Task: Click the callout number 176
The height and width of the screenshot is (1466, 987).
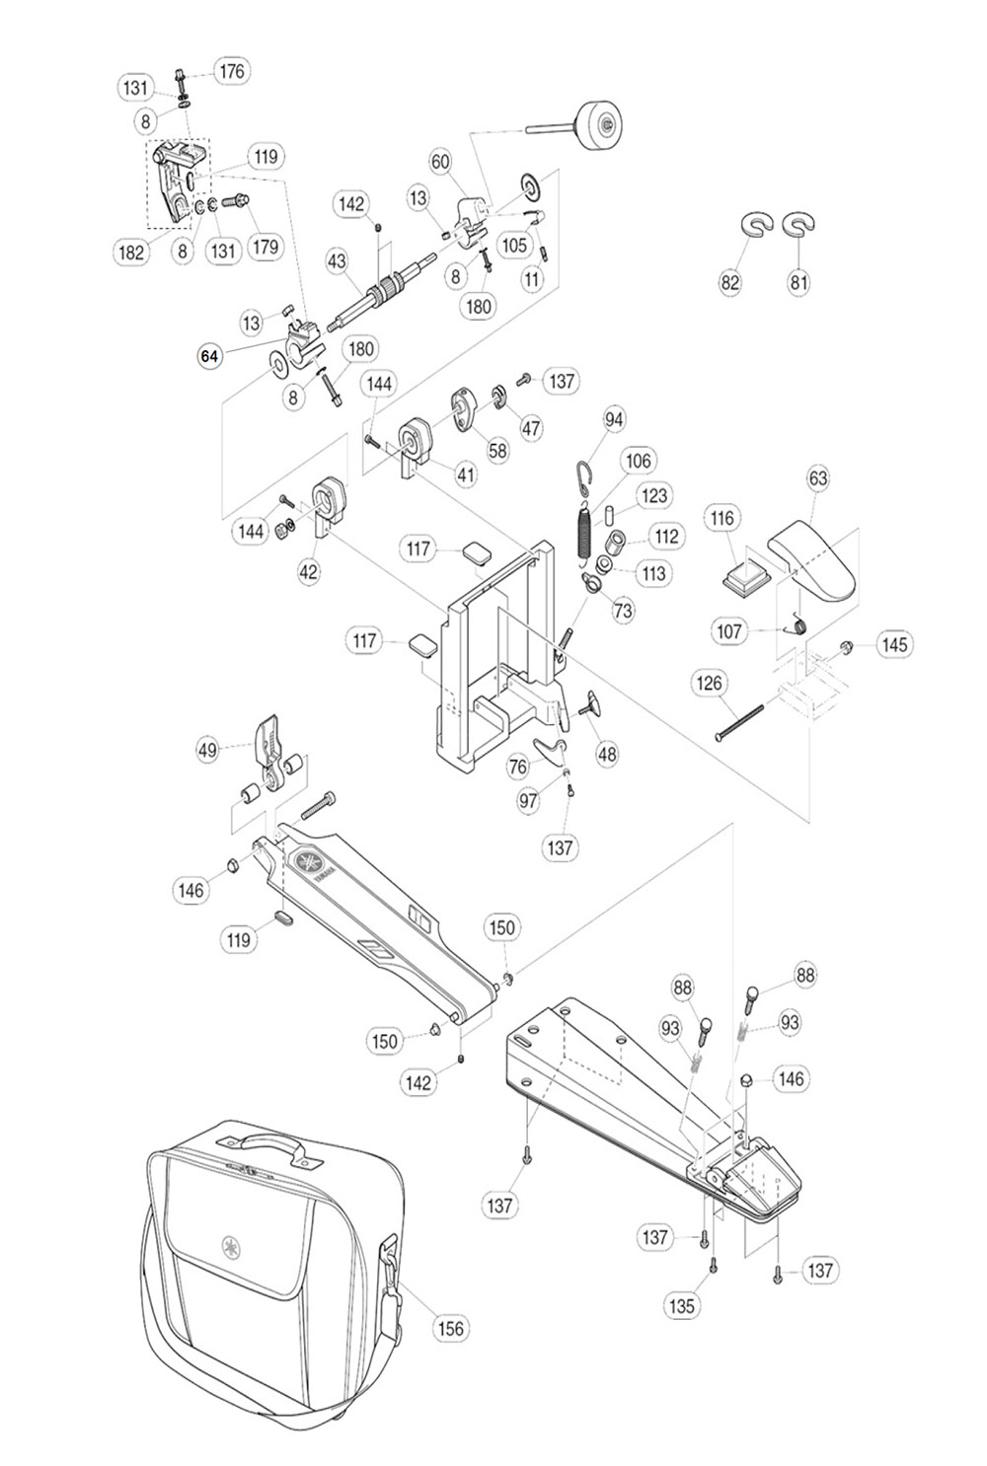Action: (x=232, y=71)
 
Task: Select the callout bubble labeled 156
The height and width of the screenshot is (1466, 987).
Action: (x=449, y=1328)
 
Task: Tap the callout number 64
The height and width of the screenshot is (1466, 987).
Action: (x=209, y=356)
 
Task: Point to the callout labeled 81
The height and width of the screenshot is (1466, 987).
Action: (x=798, y=282)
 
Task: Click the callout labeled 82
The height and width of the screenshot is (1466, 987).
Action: (x=730, y=282)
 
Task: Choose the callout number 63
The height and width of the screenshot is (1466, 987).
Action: (x=818, y=478)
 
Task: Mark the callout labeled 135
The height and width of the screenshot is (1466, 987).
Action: (x=682, y=1305)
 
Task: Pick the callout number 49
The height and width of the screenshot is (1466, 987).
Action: (x=207, y=751)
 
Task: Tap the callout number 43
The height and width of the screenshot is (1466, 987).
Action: (x=338, y=261)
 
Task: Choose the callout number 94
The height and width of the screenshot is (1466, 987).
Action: (x=614, y=419)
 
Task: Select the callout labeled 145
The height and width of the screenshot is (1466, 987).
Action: (x=894, y=644)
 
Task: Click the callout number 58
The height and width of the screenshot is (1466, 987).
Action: (x=497, y=450)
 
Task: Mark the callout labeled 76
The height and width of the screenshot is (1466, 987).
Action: (x=518, y=766)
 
